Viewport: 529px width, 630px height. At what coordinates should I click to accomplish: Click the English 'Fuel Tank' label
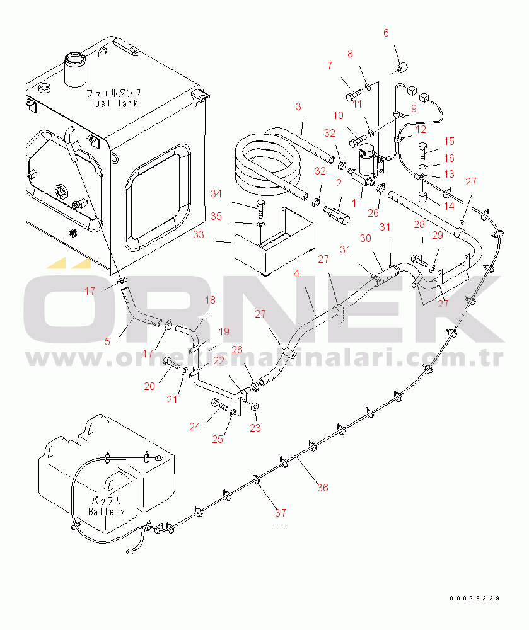(x=113, y=103)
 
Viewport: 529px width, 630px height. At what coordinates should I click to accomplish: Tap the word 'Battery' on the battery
(x=107, y=512)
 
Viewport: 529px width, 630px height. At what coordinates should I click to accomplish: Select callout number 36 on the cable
(x=323, y=487)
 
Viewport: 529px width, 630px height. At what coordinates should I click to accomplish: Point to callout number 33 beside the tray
(x=216, y=234)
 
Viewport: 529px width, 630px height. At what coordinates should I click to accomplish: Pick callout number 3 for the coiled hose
(x=298, y=107)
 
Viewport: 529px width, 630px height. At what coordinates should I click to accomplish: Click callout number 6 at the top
(x=386, y=33)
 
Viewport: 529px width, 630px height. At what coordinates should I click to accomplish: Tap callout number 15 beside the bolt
(x=449, y=141)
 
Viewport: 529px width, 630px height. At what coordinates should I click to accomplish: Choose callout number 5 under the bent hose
(x=107, y=341)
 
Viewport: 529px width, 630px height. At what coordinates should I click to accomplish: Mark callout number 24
(x=195, y=427)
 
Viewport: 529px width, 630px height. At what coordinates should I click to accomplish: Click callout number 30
(x=366, y=238)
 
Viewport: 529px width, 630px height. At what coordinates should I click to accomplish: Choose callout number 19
(x=224, y=331)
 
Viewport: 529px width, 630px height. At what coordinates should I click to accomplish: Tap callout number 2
(x=339, y=183)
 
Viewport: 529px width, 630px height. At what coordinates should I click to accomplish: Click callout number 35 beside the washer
(x=216, y=216)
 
